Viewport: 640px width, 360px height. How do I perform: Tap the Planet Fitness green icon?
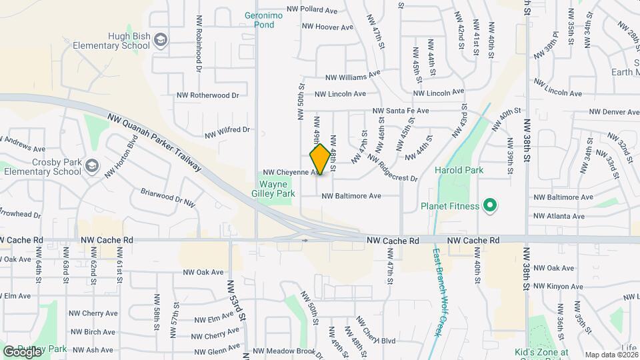[491, 206]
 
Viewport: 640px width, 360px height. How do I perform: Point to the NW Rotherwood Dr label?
[207, 95]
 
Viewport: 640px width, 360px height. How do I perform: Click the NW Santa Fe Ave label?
[400, 111]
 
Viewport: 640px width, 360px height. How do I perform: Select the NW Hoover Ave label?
[327, 27]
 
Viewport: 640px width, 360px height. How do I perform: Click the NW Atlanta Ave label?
[559, 216]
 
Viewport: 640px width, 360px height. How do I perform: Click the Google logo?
[22, 351]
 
